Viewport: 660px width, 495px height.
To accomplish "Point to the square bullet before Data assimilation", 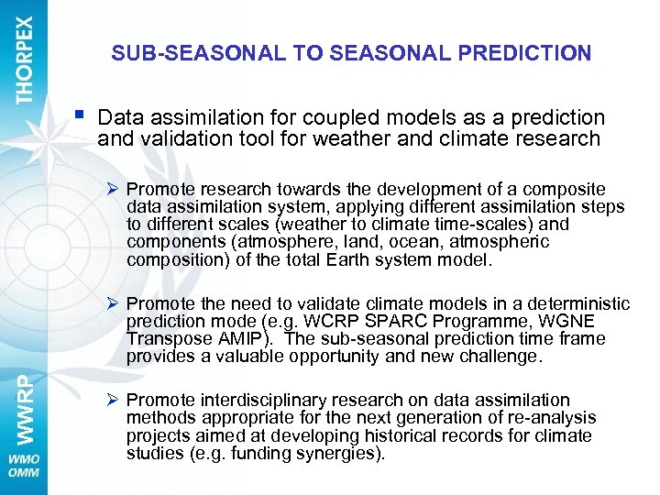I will coord(83,115).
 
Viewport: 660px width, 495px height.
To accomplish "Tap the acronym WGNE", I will coord(566,321).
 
